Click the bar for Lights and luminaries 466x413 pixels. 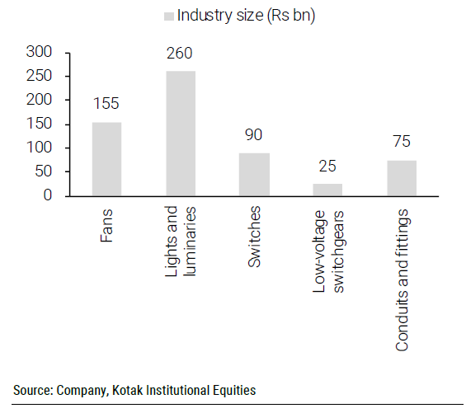click(x=180, y=134)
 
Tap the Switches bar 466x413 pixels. click(x=254, y=175)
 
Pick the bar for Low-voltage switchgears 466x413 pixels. click(x=327, y=190)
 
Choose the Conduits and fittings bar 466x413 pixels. click(x=402, y=178)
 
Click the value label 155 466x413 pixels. click(x=106, y=106)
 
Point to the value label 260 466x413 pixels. click(x=180, y=54)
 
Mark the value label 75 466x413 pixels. click(x=402, y=143)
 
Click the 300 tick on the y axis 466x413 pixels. click(x=40, y=52)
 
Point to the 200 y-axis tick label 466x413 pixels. click(x=40, y=100)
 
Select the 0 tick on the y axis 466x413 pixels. click(x=48, y=196)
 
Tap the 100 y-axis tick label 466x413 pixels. click(x=40, y=148)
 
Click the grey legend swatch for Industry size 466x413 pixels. click(x=170, y=16)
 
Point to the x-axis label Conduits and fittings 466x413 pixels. click(x=402, y=280)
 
